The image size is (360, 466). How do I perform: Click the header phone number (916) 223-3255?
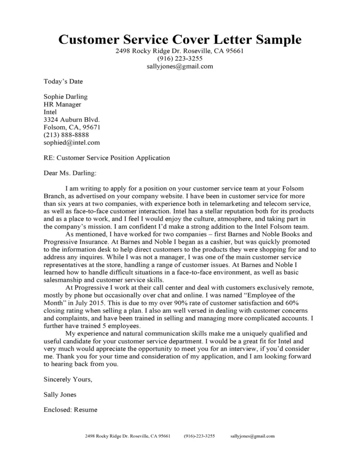coord(180,59)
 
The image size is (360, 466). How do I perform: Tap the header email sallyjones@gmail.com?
coord(180,67)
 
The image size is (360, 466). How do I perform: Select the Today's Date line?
coord(63,81)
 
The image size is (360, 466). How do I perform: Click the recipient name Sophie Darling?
coord(65,97)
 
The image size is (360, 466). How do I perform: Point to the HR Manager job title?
coord(62,104)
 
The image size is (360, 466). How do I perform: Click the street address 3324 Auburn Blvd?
coord(72,120)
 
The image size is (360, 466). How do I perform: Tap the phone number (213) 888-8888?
coord(66,135)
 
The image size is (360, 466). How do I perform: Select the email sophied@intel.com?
coord(72,143)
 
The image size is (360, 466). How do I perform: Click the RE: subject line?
coord(106,158)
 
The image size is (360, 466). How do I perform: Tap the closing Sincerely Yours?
coord(68,379)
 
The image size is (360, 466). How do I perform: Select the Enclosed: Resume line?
coord(71,410)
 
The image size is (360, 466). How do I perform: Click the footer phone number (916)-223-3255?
coord(199,436)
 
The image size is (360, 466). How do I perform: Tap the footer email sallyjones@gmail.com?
coord(252,436)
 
